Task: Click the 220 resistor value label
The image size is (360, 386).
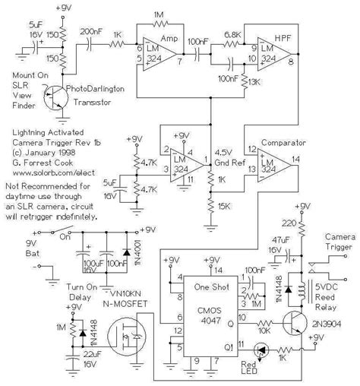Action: click(x=286, y=224)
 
